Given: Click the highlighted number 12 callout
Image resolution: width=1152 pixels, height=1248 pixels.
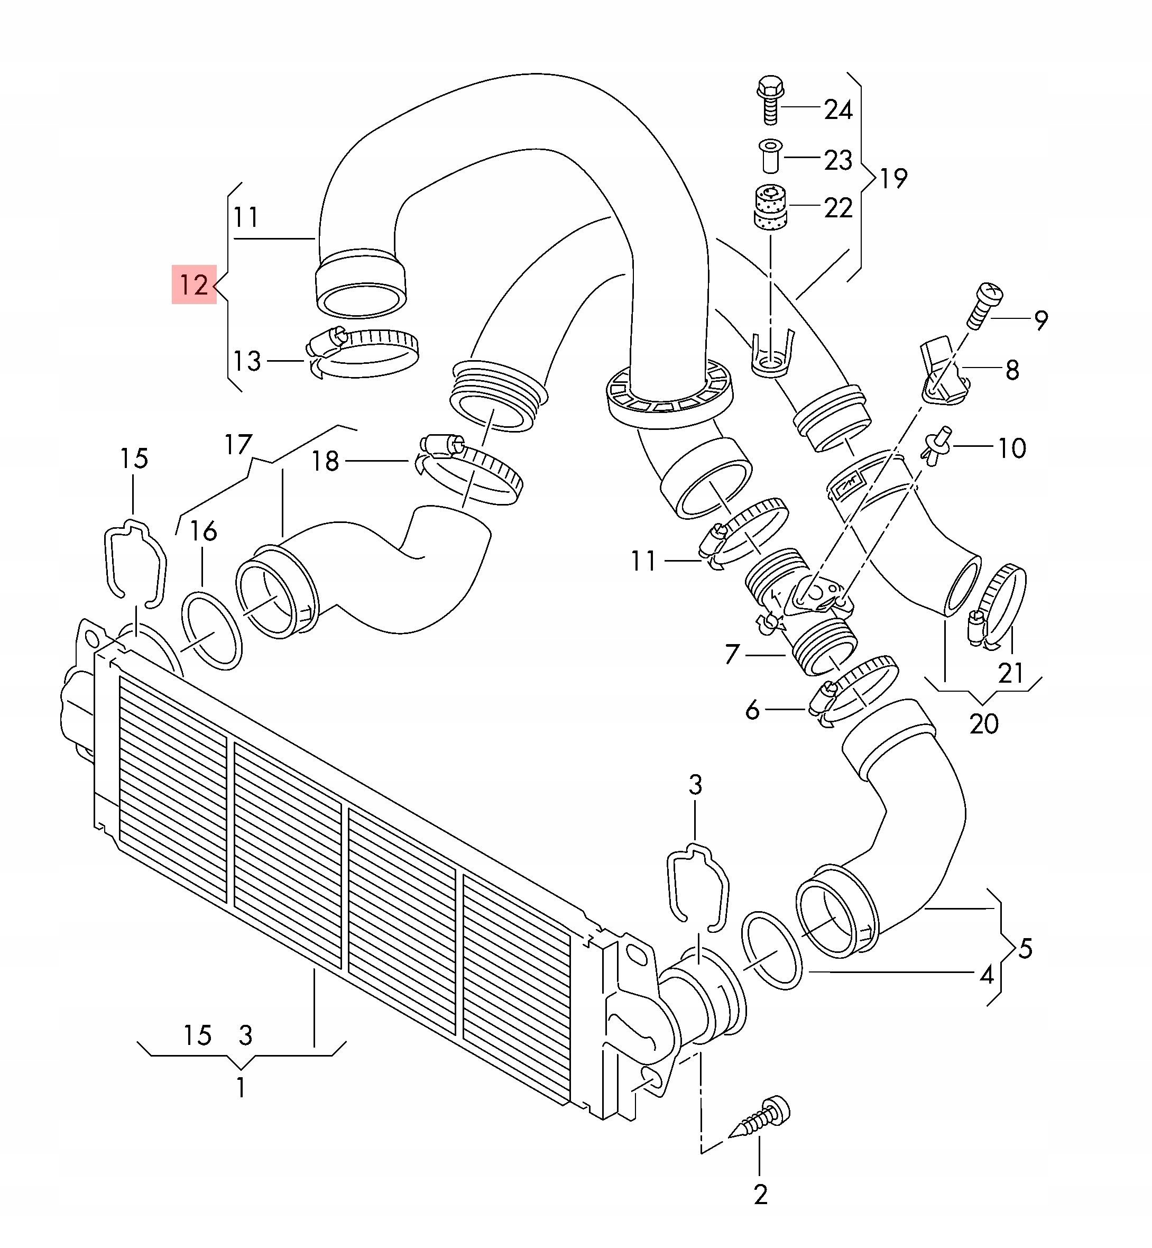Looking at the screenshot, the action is (x=194, y=285).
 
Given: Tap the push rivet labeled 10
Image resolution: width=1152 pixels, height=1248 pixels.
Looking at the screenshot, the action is (x=937, y=446).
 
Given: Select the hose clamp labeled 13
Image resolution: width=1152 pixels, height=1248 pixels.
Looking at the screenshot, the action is (x=362, y=352).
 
